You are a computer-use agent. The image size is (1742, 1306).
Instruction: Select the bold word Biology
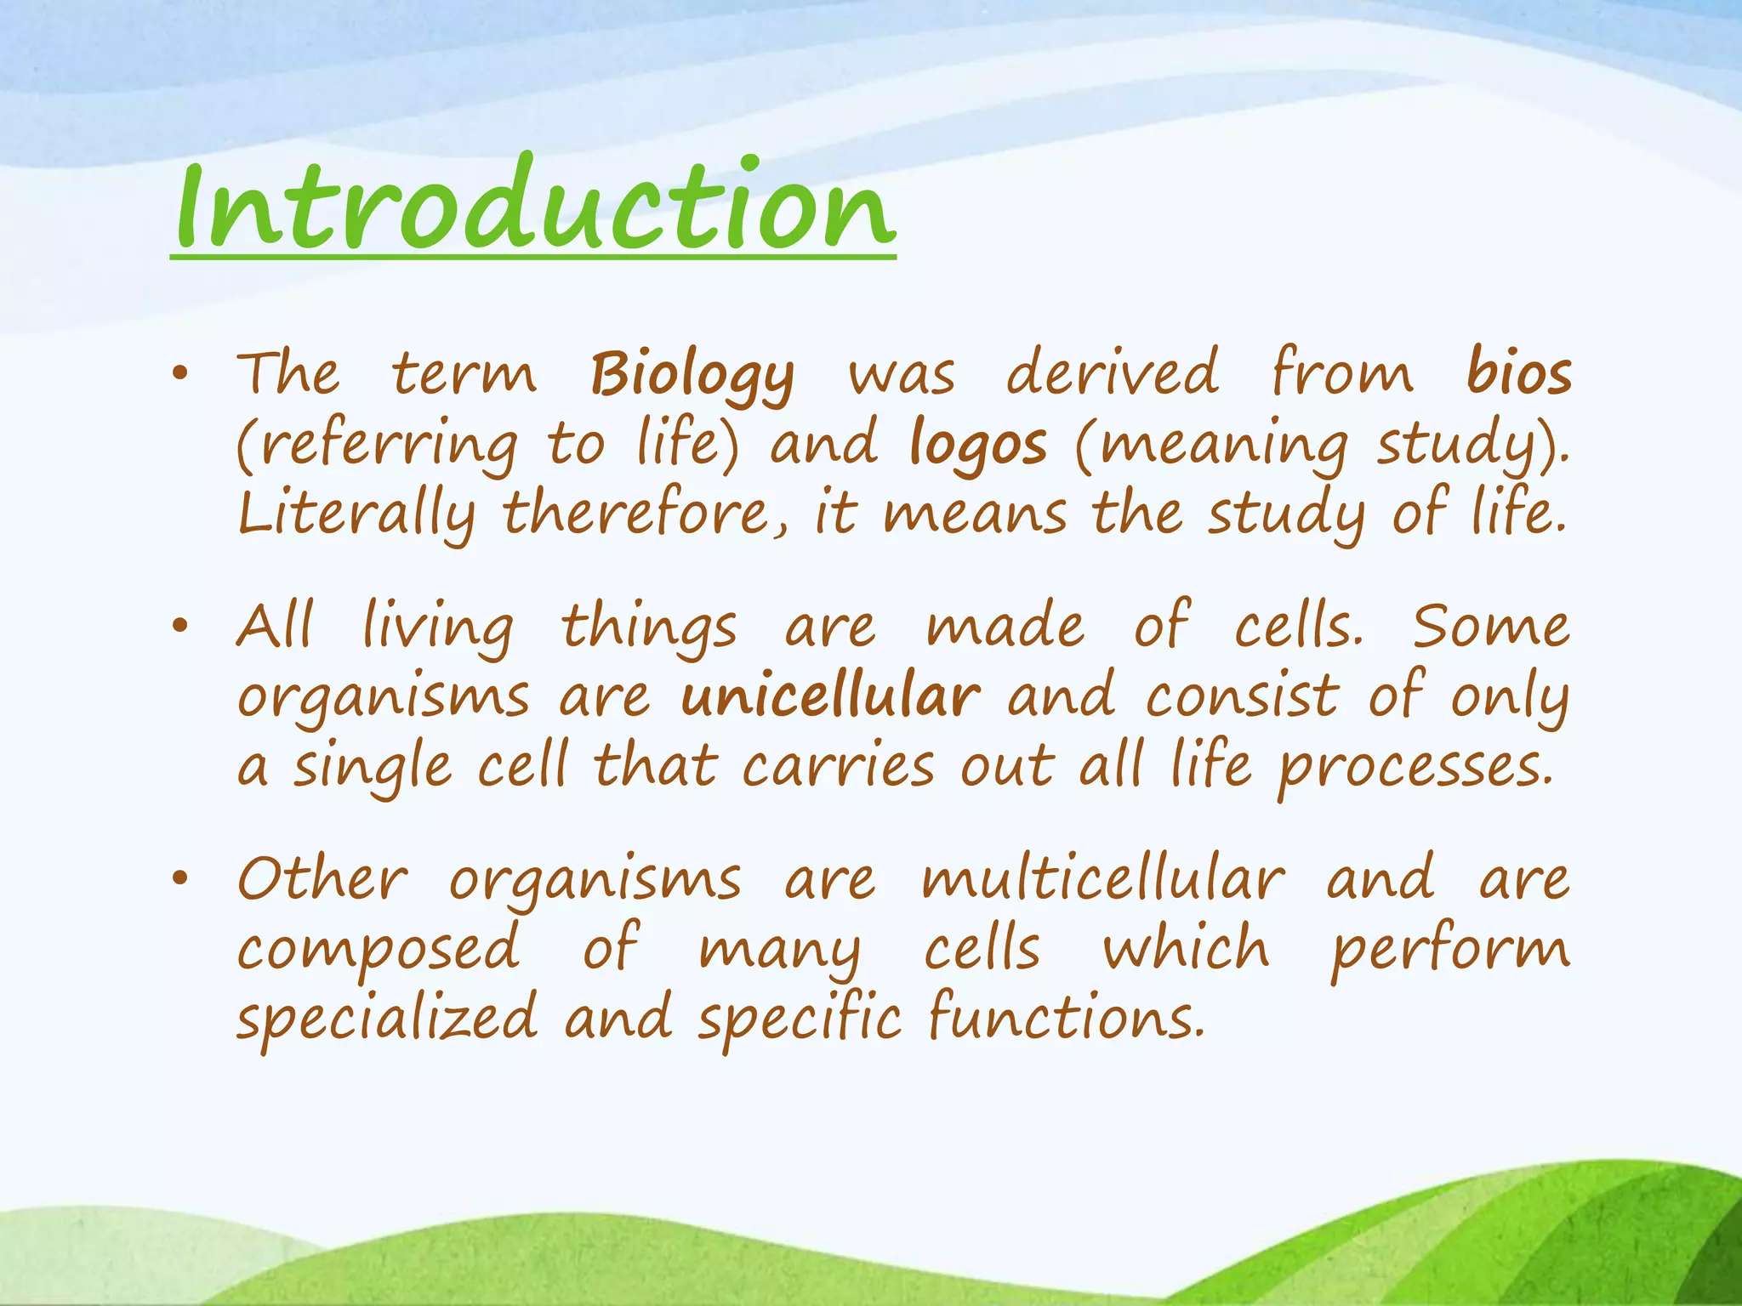pos(692,375)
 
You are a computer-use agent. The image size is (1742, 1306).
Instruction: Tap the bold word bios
pos(1519,373)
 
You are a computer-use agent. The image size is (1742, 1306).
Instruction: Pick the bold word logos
pos(977,445)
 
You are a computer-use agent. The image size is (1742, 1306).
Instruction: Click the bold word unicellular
pos(830,696)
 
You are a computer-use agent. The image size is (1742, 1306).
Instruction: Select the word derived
pos(1113,373)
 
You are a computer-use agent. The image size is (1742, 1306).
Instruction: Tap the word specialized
pos(387,1019)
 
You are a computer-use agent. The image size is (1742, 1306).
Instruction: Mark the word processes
pos(1416,768)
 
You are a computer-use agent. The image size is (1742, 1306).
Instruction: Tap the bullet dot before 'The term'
pos(179,375)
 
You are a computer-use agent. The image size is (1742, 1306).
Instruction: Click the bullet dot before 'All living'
pos(179,627)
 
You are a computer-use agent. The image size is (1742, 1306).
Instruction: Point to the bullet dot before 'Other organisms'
pos(179,880)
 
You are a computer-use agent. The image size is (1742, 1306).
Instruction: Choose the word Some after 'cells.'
pos(1491,627)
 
